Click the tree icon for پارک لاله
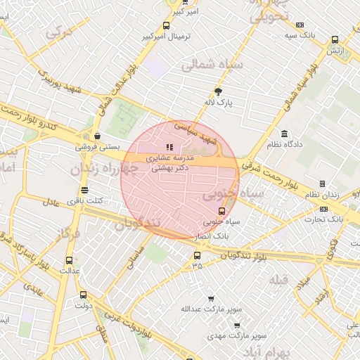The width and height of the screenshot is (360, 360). [x=218, y=91]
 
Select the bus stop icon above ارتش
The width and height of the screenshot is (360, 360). [x=335, y=40]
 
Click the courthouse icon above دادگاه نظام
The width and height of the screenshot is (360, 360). [x=284, y=134]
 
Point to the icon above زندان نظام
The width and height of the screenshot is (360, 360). [x=323, y=184]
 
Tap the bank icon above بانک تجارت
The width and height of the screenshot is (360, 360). [x=323, y=209]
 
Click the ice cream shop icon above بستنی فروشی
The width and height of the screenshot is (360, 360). [x=96, y=136]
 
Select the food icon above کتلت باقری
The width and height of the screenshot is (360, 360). [x=85, y=190]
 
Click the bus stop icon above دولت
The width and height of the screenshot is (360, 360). [x=84, y=295]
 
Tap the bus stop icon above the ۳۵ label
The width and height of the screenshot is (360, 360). [x=197, y=255]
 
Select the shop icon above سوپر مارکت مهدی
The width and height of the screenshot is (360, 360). [x=236, y=325]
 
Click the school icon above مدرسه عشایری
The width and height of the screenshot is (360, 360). [x=169, y=148]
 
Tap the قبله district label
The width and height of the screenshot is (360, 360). [x=278, y=281]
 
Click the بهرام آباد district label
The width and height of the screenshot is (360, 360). [x=280, y=350]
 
